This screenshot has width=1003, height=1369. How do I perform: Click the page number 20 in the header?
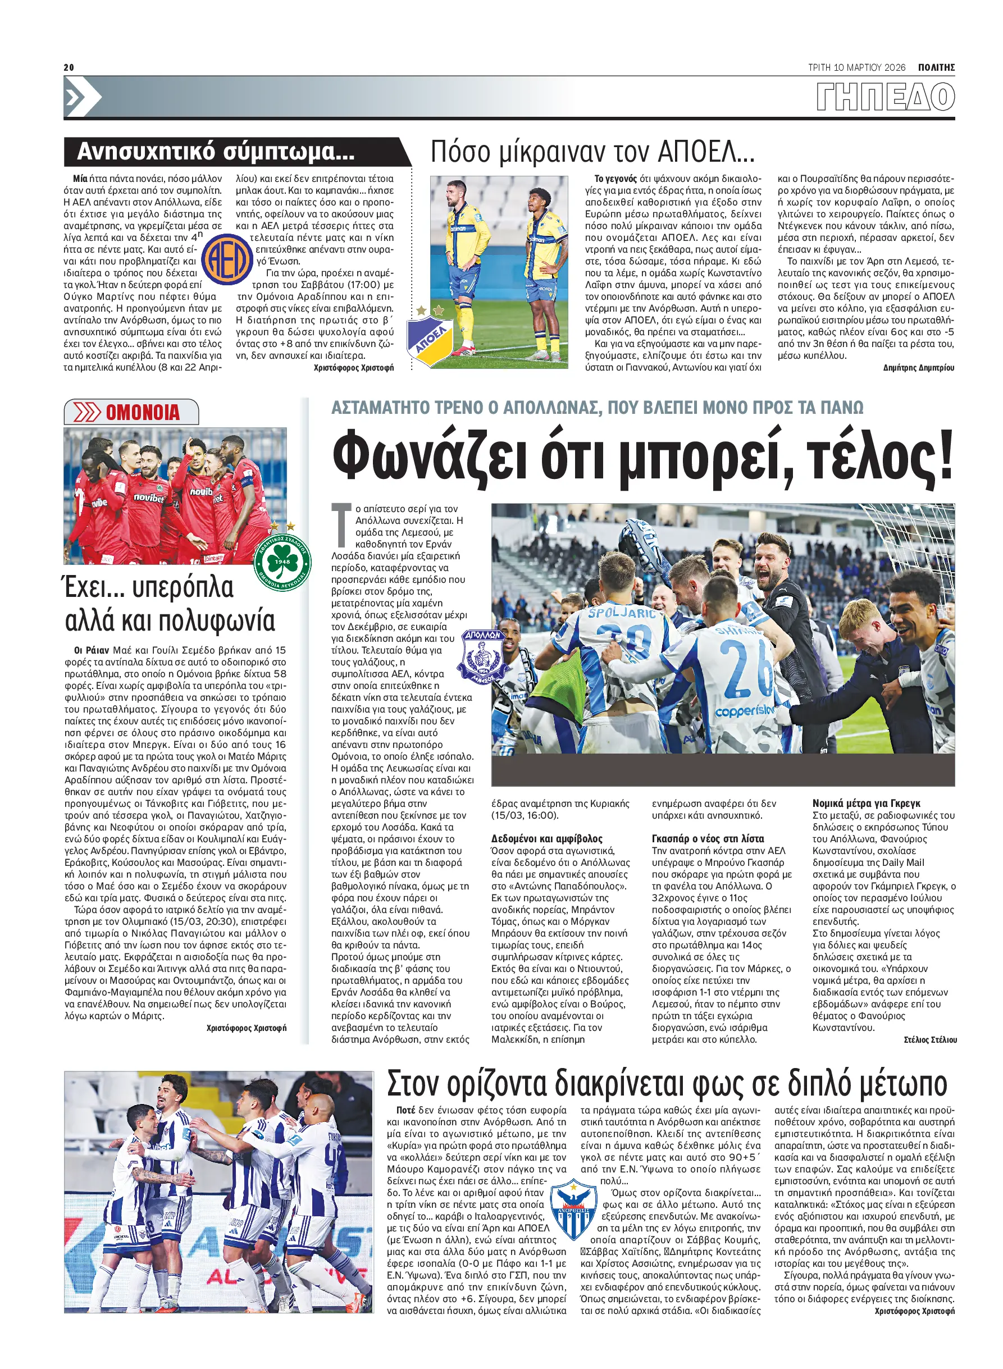click(69, 67)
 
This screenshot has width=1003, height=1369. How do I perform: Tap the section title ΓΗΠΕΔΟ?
click(885, 97)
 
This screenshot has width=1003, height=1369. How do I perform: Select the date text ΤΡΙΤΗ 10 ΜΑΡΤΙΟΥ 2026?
click(856, 67)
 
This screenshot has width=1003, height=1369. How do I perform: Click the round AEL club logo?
click(226, 260)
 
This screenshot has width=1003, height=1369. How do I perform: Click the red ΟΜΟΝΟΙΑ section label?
click(143, 413)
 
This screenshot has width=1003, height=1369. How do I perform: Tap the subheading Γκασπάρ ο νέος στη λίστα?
click(707, 838)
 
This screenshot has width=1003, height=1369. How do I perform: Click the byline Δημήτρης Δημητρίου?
click(918, 367)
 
